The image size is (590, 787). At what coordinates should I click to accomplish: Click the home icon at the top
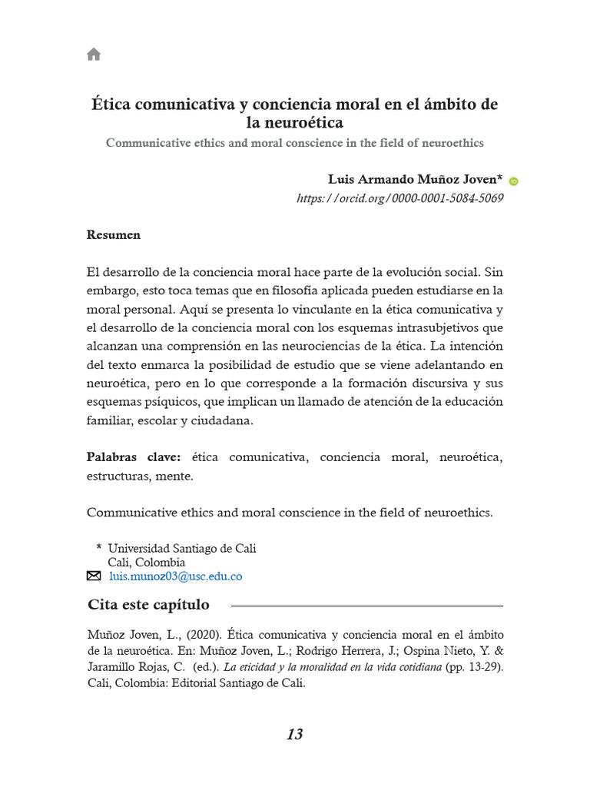tap(94, 54)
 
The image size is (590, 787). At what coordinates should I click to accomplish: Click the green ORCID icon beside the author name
tap(514, 181)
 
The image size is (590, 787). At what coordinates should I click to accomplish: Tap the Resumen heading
tap(113, 235)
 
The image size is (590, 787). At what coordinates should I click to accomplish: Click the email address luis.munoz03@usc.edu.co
tap(175, 576)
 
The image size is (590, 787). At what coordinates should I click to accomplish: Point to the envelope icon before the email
tap(94, 576)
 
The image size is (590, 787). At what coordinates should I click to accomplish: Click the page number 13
tap(294, 735)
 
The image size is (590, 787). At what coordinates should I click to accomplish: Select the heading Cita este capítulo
tap(148, 605)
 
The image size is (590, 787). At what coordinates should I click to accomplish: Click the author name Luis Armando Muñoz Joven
tap(415, 180)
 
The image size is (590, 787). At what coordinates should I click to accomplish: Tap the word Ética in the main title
tap(111, 105)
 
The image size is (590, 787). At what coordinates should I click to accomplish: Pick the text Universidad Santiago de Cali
tap(182, 549)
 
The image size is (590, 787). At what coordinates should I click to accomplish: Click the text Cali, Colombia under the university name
tap(146, 563)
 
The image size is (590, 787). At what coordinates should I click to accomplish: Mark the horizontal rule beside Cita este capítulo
tap(367, 606)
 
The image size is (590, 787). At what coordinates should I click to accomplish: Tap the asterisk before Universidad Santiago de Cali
tap(98, 548)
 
